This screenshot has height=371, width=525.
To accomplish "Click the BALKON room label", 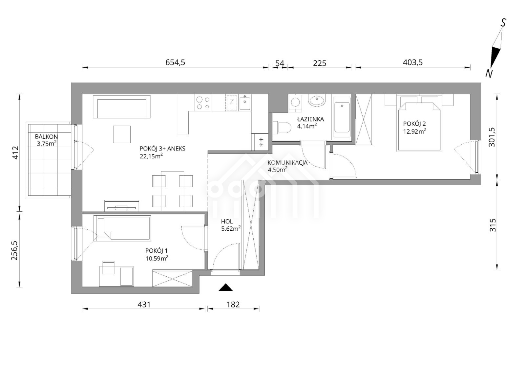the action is coord(46,136).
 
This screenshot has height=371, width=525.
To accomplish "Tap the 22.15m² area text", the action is coord(151,156).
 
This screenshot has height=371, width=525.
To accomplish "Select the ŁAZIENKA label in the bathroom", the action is coord(310,119).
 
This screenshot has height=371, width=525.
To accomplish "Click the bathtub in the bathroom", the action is coord(342,117).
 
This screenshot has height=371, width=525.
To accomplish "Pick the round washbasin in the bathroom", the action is coord(317,101).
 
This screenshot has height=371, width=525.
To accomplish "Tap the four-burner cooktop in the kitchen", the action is coord(203,103).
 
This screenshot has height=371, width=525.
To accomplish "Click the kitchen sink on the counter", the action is coord(245,104).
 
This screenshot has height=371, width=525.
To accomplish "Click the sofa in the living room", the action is coord(122,106).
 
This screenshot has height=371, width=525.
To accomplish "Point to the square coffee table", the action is coord(122,134).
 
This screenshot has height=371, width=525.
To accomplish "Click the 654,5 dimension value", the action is coord(175,62).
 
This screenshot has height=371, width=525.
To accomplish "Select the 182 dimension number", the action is coord(233,304).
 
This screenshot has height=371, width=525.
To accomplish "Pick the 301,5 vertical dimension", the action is coord(492,137).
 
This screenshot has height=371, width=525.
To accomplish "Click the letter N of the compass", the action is coord(489,74).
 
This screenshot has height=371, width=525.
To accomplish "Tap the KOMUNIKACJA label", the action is coord(287,163).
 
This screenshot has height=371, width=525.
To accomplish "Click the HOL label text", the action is coord(227,221).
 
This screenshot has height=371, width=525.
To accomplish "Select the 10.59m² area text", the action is coord(157,258).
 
